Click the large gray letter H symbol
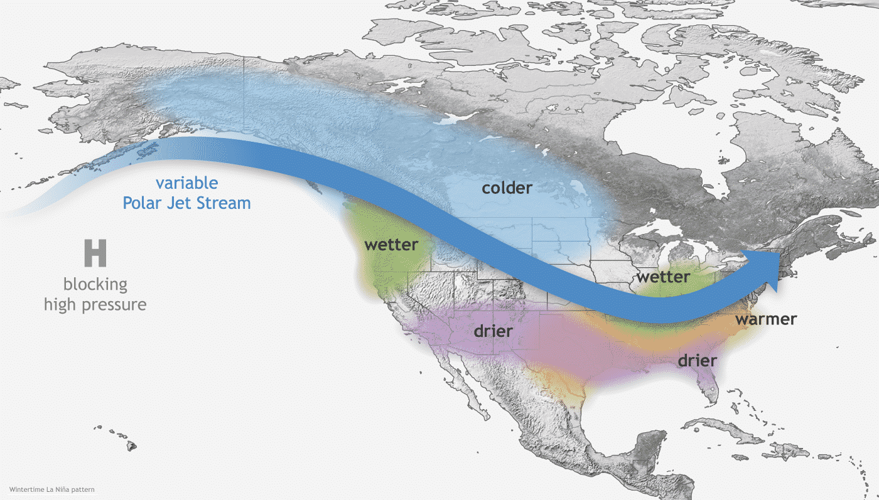coord(95,252)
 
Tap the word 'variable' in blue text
coord(186,183)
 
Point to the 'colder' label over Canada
coord(507,188)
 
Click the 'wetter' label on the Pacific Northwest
coord(391,245)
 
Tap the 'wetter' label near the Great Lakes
coord(663,277)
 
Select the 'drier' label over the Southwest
coord(493,331)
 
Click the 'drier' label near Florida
coord(697,361)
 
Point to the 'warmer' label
coord(766,319)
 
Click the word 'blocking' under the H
coord(95,284)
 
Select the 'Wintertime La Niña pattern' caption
coord(52,489)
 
